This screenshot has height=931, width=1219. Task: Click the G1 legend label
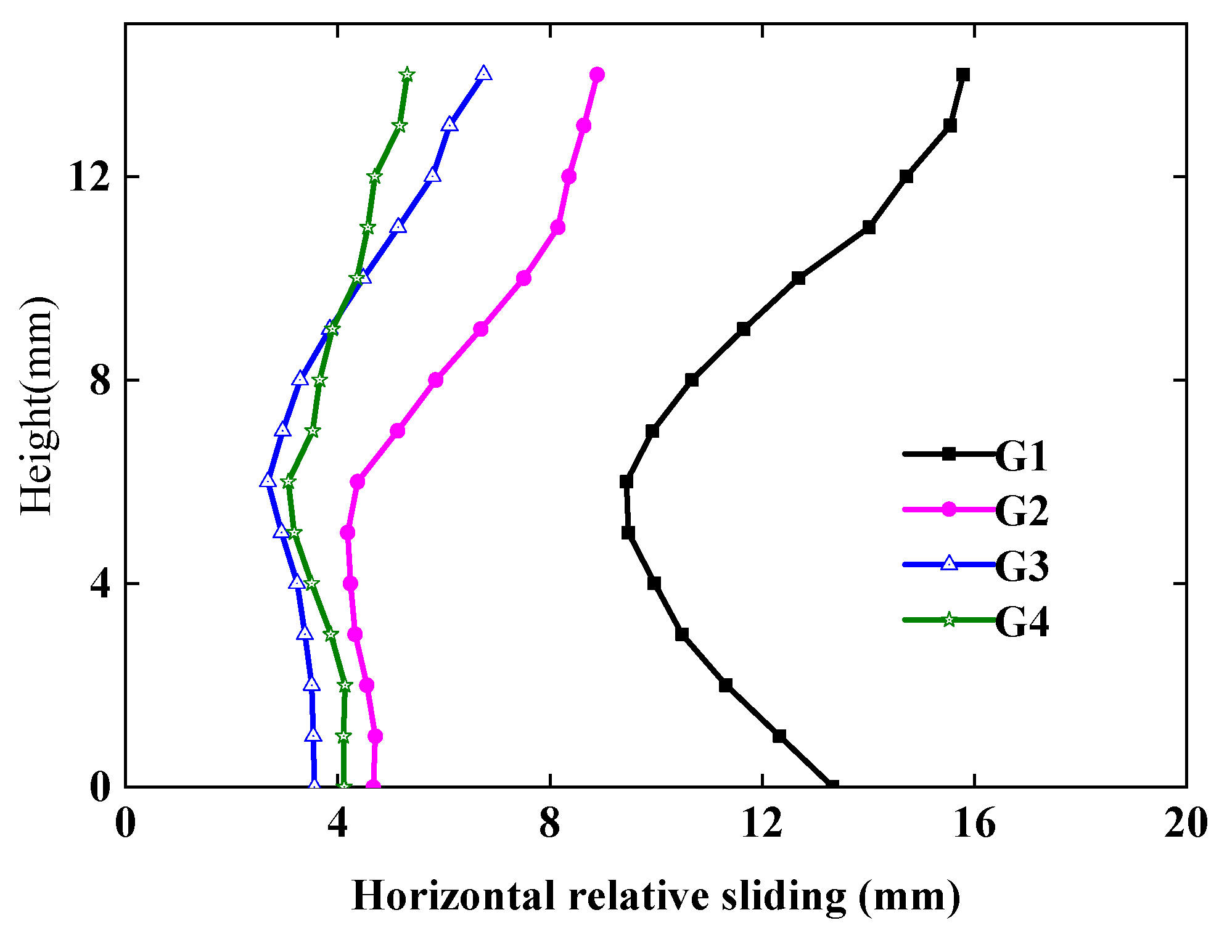point(1021,457)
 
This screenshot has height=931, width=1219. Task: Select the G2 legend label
point(1021,511)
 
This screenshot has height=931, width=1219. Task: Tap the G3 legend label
point(1021,566)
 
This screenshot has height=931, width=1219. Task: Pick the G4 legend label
point(1021,621)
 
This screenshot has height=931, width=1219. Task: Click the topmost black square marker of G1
point(963,75)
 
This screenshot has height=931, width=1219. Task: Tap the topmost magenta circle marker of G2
point(597,75)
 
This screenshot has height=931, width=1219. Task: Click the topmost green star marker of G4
point(407,75)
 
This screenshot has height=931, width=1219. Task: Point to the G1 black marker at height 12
point(906,177)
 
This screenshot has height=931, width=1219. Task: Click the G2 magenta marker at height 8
point(436,380)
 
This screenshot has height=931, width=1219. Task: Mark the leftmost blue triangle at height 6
point(268,481)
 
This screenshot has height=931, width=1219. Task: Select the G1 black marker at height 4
point(654,583)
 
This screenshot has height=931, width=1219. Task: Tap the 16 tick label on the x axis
point(974,823)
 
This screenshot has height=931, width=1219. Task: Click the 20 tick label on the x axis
point(1185,823)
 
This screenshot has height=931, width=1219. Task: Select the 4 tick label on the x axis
point(338,823)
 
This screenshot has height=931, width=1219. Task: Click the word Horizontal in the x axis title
point(453,896)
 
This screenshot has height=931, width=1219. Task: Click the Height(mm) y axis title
point(37,405)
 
